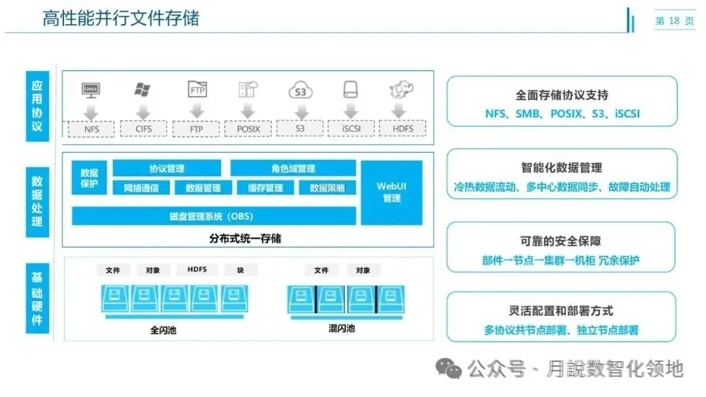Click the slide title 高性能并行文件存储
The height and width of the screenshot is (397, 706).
[x=121, y=18]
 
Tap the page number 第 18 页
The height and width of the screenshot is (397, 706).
[x=675, y=22]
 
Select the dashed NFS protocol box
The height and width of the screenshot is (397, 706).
[x=92, y=129]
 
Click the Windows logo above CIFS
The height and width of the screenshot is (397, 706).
[x=143, y=89]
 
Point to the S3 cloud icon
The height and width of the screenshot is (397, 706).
[x=300, y=91]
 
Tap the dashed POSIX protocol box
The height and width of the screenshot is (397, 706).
[x=248, y=129]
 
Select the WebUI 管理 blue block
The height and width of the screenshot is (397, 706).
[x=392, y=192]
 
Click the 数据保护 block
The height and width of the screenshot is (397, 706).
[x=89, y=178]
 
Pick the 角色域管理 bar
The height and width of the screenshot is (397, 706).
[x=293, y=168]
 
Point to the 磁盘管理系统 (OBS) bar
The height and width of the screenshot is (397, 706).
[x=214, y=216]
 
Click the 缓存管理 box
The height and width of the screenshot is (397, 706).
[x=265, y=188]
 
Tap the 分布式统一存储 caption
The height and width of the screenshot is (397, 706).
[x=245, y=238]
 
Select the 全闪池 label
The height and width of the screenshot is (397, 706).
[x=163, y=330]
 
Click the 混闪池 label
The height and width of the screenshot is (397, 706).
[x=341, y=328]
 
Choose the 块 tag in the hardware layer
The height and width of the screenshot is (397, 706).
[x=241, y=270]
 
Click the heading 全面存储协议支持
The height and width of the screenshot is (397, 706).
[x=562, y=95]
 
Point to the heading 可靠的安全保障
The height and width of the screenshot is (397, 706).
[x=561, y=241]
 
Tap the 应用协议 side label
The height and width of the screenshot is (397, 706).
[x=37, y=105]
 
